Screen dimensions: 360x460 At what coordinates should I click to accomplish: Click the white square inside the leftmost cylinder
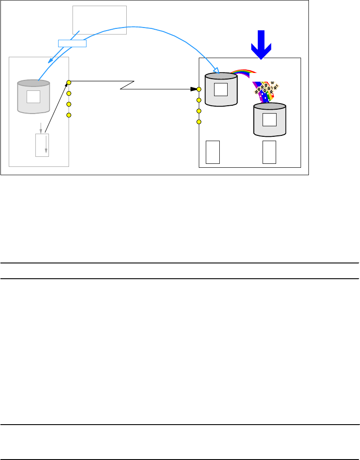33,96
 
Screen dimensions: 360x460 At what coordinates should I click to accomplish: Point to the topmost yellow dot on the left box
69,82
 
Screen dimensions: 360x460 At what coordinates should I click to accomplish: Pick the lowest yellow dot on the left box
69,115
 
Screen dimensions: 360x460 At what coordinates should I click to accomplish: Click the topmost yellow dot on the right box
199,89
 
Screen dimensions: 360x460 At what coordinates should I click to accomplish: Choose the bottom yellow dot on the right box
199,121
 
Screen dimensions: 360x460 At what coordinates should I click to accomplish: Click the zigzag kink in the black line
127,86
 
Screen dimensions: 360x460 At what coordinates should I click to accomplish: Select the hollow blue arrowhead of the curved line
215,70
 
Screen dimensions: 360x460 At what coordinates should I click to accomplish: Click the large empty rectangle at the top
99,20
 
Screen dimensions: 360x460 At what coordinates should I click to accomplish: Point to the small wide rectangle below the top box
72,43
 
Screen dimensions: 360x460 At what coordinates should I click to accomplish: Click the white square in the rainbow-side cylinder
221,89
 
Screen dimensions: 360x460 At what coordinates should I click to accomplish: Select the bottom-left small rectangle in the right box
212,152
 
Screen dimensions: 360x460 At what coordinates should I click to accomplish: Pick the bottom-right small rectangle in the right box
270,152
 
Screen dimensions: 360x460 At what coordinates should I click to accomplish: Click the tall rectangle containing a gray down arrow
42,145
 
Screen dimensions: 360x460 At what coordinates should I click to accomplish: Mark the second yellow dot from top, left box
69,93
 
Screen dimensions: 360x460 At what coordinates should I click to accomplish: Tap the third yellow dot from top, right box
199,111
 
